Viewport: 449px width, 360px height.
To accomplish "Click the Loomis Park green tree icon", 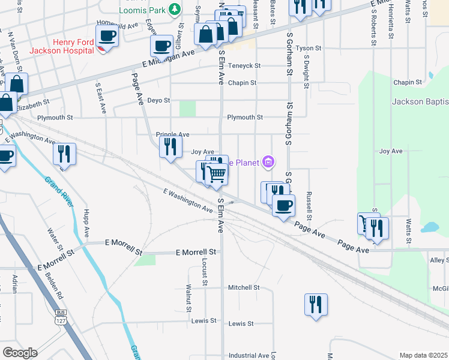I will (175, 9).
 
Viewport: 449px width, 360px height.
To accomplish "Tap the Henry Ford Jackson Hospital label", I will (74, 46).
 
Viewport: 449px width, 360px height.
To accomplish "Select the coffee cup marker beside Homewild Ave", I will (107, 34).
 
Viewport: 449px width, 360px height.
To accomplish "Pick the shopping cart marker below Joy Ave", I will (216, 174).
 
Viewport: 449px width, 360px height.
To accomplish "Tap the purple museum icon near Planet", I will (268, 162).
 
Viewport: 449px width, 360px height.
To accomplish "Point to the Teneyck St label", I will (244, 66).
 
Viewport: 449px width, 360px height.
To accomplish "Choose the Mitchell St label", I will (243, 287).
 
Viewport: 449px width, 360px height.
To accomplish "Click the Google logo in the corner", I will (20, 353).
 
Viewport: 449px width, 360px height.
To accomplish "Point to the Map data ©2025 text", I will (423, 355).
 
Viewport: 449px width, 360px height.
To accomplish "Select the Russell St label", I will (309, 205).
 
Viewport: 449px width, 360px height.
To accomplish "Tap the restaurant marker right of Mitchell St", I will (315, 304).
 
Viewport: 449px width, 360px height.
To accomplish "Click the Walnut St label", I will (188, 298).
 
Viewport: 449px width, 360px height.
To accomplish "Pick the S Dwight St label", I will (306, 72).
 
